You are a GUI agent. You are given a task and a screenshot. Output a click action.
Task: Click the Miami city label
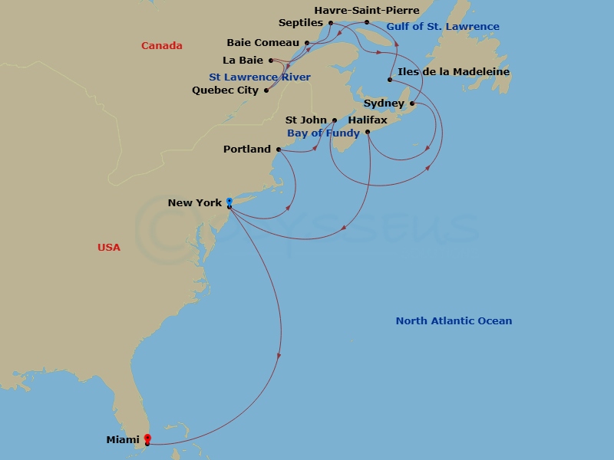123,440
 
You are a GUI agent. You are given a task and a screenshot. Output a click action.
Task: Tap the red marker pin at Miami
147,439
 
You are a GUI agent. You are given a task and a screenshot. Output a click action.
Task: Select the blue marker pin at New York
229,202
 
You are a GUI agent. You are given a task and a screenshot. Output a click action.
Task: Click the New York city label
195,203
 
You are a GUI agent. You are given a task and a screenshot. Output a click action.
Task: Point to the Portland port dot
278,149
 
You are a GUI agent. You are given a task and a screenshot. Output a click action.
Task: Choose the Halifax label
368,120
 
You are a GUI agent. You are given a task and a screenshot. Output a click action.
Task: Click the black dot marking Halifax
368,132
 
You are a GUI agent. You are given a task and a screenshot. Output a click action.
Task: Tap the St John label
306,120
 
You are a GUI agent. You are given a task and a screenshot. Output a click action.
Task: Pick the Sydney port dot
412,103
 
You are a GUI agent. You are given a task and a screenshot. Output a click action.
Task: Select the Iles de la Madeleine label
454,72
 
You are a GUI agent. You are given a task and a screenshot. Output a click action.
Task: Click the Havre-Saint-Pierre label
367,11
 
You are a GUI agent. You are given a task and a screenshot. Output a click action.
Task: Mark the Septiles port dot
331,23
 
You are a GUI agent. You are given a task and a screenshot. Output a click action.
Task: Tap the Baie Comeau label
263,43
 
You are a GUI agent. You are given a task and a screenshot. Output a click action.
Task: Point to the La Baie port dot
270,60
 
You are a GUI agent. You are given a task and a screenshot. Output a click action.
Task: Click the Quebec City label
225,90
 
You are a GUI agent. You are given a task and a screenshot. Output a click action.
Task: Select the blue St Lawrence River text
259,77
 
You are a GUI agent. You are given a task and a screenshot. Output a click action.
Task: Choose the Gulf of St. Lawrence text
443,27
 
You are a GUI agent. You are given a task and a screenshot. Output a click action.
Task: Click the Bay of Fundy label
323,133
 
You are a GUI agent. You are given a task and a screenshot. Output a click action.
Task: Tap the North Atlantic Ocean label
454,321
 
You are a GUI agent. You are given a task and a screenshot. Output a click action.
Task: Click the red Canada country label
162,46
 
